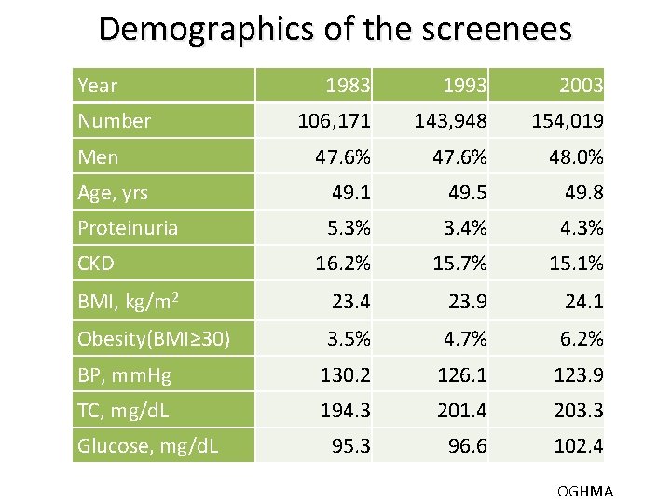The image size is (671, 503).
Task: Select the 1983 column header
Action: coord(348,87)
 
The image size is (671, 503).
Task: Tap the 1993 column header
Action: coord(464,87)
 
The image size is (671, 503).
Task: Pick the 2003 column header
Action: coord(581,87)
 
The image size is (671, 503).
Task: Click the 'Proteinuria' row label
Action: coord(128,228)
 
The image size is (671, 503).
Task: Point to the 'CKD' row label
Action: coord(96,264)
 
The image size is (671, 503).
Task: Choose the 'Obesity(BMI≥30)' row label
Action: coord(154,337)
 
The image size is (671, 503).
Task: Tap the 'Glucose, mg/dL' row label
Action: coord(148,446)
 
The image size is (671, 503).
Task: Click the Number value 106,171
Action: coord(334,121)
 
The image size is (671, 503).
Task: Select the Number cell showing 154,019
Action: coord(567,121)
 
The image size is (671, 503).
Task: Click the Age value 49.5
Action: coord(464,193)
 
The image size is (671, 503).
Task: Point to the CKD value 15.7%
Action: coord(459,264)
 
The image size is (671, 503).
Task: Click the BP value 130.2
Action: coord(345,374)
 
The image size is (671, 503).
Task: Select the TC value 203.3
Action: coord(578,410)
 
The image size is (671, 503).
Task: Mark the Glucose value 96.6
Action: coord(467,446)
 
